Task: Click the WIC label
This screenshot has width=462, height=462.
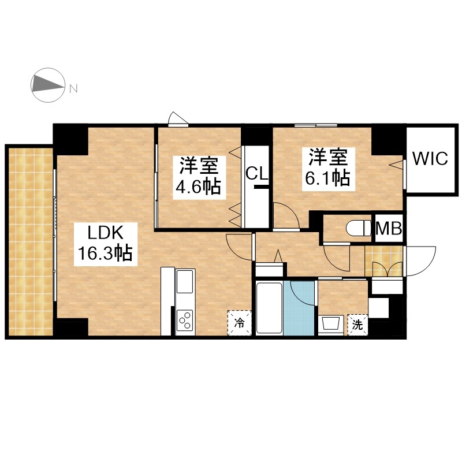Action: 430,158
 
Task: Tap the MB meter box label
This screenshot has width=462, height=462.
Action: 389,228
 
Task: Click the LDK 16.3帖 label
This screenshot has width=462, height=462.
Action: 105,244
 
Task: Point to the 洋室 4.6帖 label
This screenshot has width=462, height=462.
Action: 199,178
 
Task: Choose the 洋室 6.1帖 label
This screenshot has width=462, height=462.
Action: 327,169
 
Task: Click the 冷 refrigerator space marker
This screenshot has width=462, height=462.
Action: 240,323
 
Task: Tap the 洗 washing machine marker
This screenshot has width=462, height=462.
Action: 357,325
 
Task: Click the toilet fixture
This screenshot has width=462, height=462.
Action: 358,228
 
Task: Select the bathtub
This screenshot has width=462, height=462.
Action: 269,308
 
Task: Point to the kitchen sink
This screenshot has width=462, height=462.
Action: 185,281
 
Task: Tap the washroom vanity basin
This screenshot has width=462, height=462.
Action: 331,324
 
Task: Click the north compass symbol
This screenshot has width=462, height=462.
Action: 48,85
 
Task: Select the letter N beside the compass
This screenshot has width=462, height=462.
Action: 73,88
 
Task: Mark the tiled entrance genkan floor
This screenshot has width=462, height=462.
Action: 384,262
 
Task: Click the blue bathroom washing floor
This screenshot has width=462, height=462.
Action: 299,308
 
